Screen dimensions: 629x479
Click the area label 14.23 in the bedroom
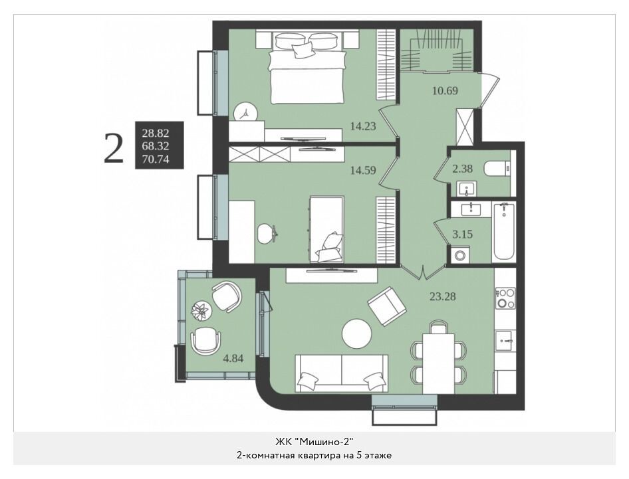[363, 127]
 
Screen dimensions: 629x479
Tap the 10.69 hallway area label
[445, 91]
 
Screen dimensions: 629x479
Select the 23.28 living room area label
[442, 297]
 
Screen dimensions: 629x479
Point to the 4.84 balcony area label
[233, 358]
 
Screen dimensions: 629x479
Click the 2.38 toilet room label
[463, 169]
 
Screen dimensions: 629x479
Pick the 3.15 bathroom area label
[463, 234]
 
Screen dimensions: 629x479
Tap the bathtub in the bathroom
[503, 231]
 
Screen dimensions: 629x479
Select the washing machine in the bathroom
[461, 255]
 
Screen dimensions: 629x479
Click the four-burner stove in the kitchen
[505, 298]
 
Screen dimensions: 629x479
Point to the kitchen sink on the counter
[505, 341]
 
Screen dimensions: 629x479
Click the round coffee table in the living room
[356, 334]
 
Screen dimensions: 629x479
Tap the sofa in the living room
[341, 373]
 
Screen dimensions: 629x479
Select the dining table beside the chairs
[439, 363]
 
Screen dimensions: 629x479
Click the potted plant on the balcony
[201, 311]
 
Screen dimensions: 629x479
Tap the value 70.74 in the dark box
[156, 159]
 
